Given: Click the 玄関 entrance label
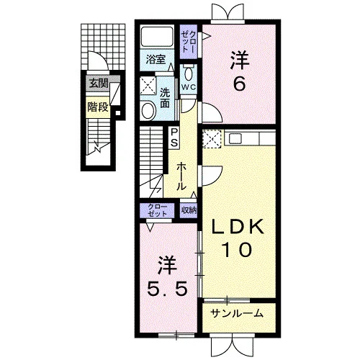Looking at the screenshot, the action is [x=99, y=84].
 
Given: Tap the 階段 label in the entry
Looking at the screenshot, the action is [x=98, y=107].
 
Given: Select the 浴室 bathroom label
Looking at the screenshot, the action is [x=156, y=59].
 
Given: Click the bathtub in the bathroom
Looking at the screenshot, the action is [x=157, y=37].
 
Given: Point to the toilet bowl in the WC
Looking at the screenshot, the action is [x=189, y=73].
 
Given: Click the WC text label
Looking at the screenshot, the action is [x=189, y=87].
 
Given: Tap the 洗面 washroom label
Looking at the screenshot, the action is [x=165, y=98].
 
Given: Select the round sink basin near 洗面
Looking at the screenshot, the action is [x=148, y=110].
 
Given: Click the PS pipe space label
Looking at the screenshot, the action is [x=174, y=138].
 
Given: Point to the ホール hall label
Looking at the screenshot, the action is [x=181, y=176].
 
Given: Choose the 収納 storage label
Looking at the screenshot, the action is [x=189, y=210].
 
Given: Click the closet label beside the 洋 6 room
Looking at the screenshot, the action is [x=189, y=42].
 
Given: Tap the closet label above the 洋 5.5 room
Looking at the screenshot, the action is [x=157, y=210].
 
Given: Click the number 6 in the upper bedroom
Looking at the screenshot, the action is [x=239, y=84].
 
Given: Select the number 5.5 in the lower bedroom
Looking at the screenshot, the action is [x=167, y=289].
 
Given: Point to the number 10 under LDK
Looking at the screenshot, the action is [x=238, y=250].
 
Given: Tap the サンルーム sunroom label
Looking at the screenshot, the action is [x=237, y=313].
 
